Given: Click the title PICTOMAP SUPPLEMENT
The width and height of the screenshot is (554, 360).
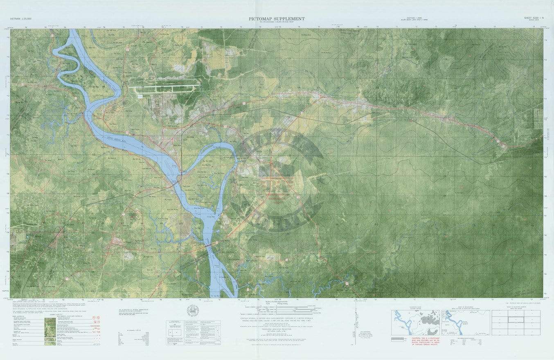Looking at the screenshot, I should point(277,18).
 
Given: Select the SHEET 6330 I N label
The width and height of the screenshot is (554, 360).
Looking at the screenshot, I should point(531,18).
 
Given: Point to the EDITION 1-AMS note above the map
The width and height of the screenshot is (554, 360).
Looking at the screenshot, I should point(411,19).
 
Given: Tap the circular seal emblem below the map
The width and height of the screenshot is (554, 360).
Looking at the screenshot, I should point(193,310).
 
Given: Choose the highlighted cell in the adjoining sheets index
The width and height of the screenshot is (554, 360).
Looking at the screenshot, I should point(516,320).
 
